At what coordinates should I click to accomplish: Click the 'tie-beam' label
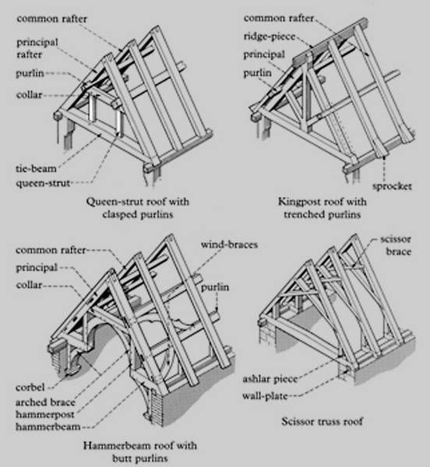click(36, 168)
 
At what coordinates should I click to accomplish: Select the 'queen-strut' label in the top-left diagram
click(44, 183)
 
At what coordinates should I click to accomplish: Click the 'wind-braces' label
click(230, 244)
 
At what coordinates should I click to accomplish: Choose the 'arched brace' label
click(46, 402)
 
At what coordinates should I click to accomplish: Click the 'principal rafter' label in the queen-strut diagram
click(35, 48)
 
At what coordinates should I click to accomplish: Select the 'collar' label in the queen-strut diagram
click(29, 95)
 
